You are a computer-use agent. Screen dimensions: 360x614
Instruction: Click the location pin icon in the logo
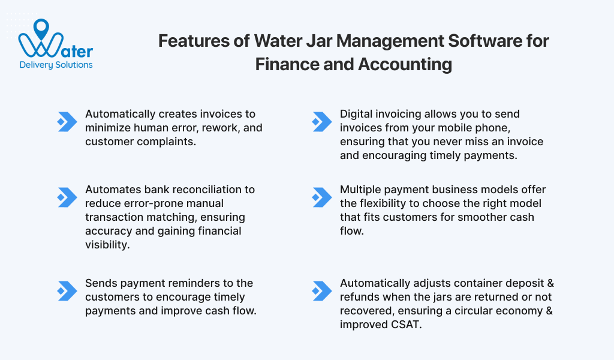(x=41, y=28)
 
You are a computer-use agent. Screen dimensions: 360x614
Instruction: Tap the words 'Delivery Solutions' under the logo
(x=56, y=65)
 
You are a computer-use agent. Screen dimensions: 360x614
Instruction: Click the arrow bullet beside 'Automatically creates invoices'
(x=67, y=122)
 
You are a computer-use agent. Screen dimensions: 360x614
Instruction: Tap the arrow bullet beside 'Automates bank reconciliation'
(x=67, y=197)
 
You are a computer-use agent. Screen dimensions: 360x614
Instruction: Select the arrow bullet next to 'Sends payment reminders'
(x=67, y=291)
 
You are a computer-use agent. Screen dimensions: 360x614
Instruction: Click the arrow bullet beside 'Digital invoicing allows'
(x=322, y=122)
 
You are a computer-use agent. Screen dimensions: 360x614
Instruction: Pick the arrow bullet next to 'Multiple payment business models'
(x=322, y=197)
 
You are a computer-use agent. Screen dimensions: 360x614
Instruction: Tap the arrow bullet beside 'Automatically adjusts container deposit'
(x=322, y=291)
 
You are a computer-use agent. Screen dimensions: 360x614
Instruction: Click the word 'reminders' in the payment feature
(x=195, y=283)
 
